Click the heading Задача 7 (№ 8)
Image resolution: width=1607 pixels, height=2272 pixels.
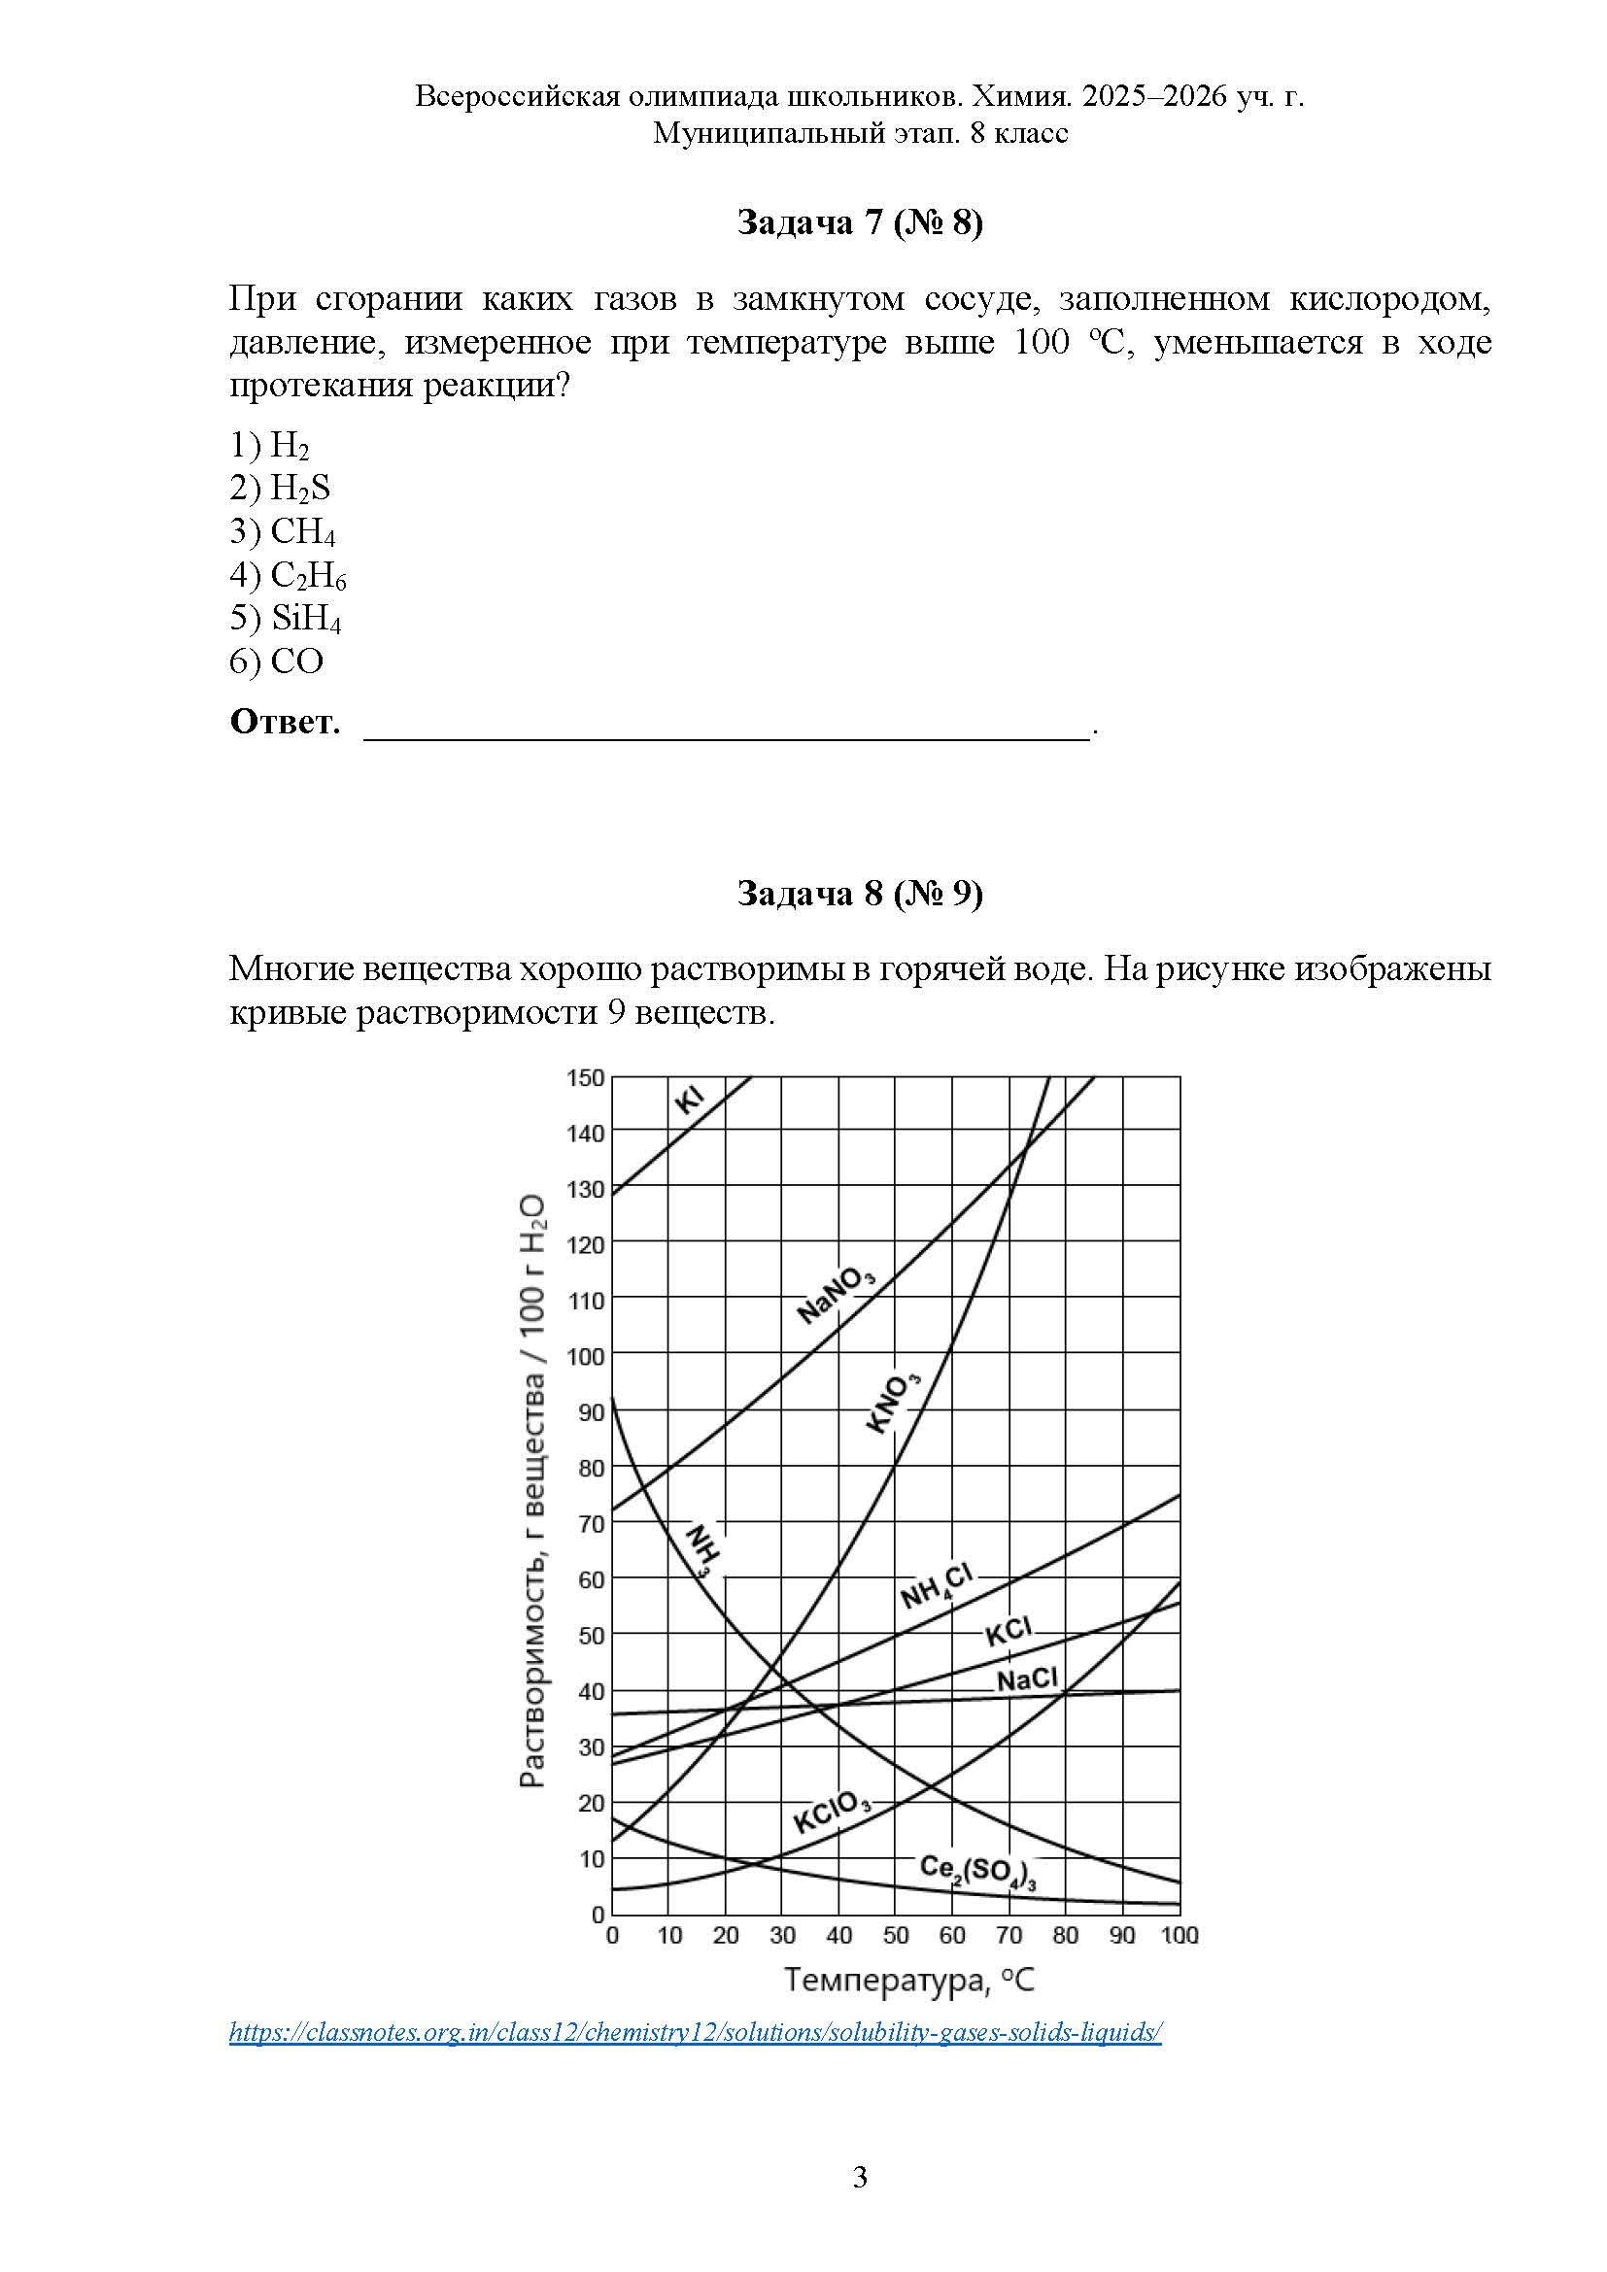click(859, 223)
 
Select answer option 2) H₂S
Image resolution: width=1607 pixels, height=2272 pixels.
click(280, 488)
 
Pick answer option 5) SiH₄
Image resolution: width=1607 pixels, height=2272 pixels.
click(286, 619)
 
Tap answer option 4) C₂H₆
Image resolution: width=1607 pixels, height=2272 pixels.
click(288, 575)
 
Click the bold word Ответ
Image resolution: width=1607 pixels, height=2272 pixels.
click(285, 722)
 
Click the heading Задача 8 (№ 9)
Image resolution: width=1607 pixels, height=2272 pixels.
click(859, 894)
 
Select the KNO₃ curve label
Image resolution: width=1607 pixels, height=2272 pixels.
click(893, 1403)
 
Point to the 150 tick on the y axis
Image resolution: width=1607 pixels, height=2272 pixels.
click(585, 1077)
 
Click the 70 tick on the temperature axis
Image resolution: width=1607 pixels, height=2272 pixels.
click(1009, 1936)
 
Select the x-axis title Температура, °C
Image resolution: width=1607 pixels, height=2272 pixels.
click(909, 1980)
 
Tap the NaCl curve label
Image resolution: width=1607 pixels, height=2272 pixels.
click(1026, 1679)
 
